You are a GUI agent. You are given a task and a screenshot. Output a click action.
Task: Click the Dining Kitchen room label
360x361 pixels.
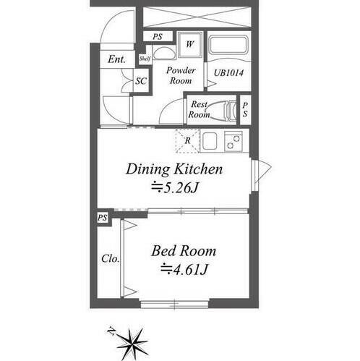pyautogui.click(x=174, y=169)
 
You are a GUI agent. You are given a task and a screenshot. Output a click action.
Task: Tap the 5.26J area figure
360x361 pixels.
pyautogui.click(x=175, y=187)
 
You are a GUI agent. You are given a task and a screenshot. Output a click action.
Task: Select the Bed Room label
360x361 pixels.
pyautogui.click(x=184, y=251)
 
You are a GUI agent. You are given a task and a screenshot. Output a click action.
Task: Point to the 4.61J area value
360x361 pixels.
pyautogui.click(x=184, y=269)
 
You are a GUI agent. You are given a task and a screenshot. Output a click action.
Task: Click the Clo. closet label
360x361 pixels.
pyautogui.click(x=111, y=259)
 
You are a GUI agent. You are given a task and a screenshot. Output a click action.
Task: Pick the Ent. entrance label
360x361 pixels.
pyautogui.click(x=116, y=59)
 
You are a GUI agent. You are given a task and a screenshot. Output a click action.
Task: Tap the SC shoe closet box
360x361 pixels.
pyautogui.click(x=141, y=81)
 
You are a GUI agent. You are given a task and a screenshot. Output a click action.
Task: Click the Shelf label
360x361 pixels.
pyautogui.click(x=145, y=59)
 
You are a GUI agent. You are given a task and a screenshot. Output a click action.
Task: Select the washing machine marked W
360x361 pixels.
pyautogui.click(x=190, y=44)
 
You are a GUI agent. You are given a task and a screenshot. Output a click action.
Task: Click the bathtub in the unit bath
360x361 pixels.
pyautogui.click(x=228, y=46)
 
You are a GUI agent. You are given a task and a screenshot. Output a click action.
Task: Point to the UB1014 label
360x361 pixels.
pyautogui.click(x=228, y=73)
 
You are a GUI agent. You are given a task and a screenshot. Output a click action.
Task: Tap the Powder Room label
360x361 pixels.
pyautogui.click(x=181, y=75)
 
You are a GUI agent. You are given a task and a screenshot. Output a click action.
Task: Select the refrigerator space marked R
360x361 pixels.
pyautogui.click(x=188, y=141)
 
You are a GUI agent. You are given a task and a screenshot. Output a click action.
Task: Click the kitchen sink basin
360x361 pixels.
pyautogui.click(x=210, y=141)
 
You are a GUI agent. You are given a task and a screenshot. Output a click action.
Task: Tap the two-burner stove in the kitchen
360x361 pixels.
pyautogui.click(x=233, y=141)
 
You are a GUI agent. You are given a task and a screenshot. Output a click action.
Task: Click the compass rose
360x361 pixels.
pyautogui.click(x=132, y=343)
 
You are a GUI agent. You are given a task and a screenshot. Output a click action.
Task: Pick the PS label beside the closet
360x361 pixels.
pyautogui.click(x=102, y=218)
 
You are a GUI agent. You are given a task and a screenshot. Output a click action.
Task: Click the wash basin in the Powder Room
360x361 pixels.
pyautogui.click(x=162, y=54)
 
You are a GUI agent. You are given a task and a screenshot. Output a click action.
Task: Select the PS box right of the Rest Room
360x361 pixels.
pyautogui.click(x=245, y=110)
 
